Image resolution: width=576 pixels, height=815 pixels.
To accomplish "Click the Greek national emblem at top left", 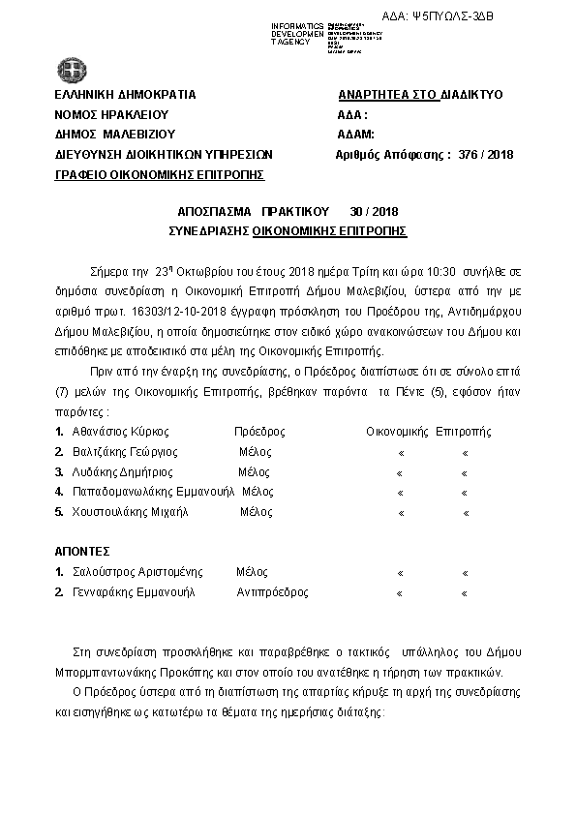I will pos(70,69).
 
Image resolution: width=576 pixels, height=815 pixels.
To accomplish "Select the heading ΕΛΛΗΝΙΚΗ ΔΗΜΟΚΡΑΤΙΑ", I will pos(126,95).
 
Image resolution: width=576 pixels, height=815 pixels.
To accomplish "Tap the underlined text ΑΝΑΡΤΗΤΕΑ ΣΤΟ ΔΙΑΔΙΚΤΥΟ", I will pos(420,95).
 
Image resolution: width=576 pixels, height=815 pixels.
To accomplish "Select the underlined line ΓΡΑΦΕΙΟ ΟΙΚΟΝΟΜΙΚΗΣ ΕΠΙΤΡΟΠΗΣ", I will pos(160,174).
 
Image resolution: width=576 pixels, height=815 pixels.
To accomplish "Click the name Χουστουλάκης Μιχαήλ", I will pos(129,511).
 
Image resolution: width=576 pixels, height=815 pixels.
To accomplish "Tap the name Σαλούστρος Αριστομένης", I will pos(133,572).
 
